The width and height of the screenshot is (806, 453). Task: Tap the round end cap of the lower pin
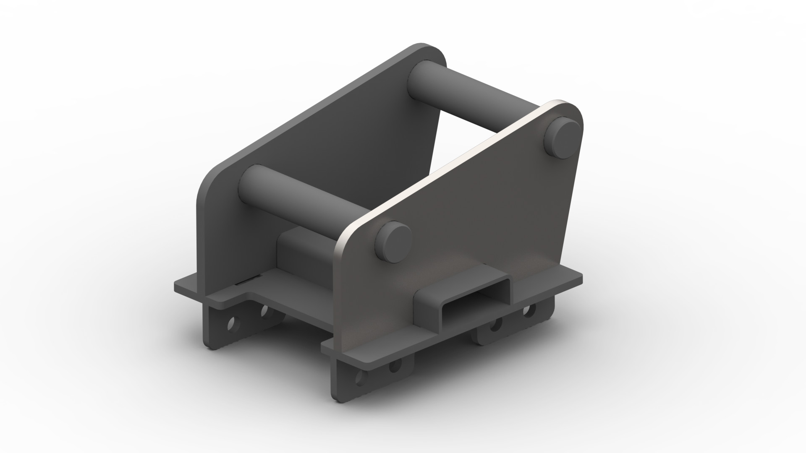coord(393,242)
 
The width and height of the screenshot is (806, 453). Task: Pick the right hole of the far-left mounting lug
coord(264,310)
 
